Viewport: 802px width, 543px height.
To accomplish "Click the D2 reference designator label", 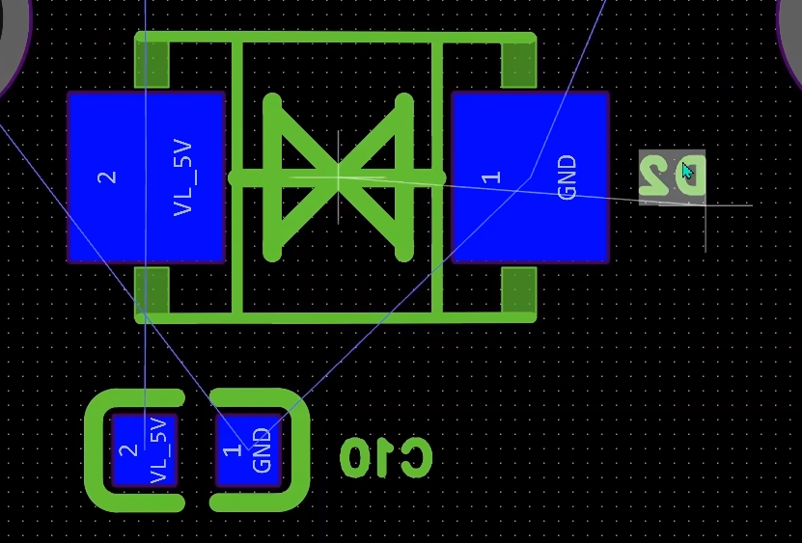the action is (x=673, y=176).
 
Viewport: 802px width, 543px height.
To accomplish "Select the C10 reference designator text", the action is (x=386, y=457).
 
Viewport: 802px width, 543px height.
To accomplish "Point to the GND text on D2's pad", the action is (x=567, y=176).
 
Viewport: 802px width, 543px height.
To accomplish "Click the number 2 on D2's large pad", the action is (x=107, y=176).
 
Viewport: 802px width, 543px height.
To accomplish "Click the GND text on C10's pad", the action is (x=262, y=450).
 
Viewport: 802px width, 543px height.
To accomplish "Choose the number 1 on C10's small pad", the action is (x=231, y=450).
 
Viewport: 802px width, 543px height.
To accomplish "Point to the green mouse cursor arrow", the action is (x=687, y=173).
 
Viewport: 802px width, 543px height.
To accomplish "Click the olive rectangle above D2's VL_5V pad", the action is (x=152, y=66).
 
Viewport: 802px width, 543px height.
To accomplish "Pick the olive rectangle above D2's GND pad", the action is (x=518, y=66).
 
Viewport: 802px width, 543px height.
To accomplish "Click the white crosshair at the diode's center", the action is (x=338, y=176).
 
